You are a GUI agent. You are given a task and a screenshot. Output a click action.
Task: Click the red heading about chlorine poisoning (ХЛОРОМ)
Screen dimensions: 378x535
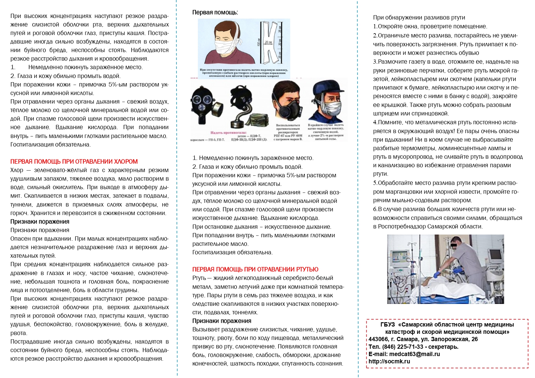pyautogui.click(x=74, y=161)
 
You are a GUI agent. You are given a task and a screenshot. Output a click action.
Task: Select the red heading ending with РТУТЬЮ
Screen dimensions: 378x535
pyautogui.click(x=255, y=269)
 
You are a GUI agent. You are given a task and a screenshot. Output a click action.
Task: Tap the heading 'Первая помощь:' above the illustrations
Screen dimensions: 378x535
pyautogui.click(x=215, y=12)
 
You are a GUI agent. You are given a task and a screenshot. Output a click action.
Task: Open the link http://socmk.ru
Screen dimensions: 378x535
pyautogui.click(x=389, y=362)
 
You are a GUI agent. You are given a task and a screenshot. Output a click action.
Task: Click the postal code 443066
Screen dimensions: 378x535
pyautogui.click(x=378, y=339)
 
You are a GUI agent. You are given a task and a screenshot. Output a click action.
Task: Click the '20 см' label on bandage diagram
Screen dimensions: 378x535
pyautogui.click(x=268, y=42)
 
